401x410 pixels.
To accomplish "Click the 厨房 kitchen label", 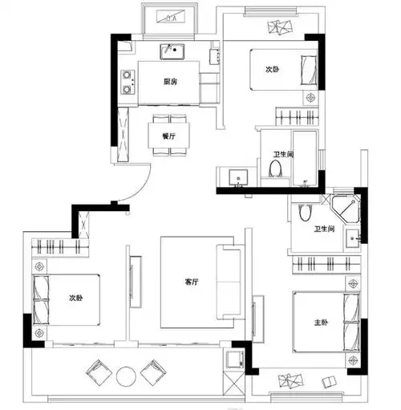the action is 170,81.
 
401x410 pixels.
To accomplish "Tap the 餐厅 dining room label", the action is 168,136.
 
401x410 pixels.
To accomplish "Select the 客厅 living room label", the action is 192,282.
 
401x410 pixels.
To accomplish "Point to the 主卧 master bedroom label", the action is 321,323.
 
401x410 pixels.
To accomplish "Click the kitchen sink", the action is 172,51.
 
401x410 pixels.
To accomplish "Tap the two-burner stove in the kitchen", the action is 128,82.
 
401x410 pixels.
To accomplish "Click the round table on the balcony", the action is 126,376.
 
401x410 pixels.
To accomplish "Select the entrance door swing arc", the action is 142,189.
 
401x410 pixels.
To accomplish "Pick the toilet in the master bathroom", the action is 306,213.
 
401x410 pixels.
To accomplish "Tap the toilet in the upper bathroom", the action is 275,168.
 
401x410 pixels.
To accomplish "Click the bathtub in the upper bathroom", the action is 305,158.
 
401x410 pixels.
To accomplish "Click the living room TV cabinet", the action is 136,282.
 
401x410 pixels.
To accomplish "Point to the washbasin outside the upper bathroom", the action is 238,177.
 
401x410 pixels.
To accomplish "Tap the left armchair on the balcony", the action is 99,372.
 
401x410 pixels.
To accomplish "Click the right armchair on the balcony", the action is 153,372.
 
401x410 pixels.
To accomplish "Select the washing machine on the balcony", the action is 235,359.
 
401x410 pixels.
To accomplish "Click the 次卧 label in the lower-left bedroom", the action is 76,298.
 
